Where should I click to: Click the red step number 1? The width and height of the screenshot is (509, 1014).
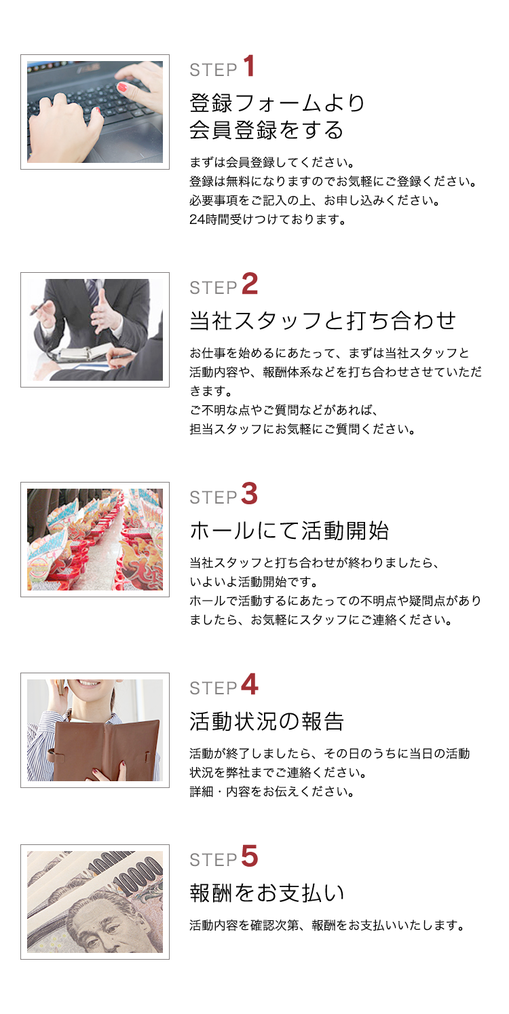coord(248,66)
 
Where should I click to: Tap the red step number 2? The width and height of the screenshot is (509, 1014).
coord(250,284)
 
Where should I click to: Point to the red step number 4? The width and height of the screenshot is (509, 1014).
coord(250,684)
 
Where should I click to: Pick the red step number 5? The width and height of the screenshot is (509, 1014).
coord(250,856)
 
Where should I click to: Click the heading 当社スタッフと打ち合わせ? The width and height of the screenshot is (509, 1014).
coord(322,320)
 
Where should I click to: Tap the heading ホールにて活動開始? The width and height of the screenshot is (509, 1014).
coord(289,530)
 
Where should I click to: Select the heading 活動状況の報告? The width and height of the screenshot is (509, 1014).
coord(267,721)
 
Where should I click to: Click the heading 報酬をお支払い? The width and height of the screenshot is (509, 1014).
coord(267,893)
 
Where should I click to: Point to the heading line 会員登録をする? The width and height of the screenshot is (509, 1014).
coord(266,130)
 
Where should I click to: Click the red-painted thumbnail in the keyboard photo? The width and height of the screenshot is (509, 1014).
coord(122,88)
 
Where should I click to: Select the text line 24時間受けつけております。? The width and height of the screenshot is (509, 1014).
coord(267,219)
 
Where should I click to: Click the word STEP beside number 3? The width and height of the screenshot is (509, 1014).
coord(213,497)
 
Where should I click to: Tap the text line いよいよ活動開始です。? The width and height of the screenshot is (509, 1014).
coord(254,582)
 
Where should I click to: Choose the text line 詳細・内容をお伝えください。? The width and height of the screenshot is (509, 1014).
coord(272,792)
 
